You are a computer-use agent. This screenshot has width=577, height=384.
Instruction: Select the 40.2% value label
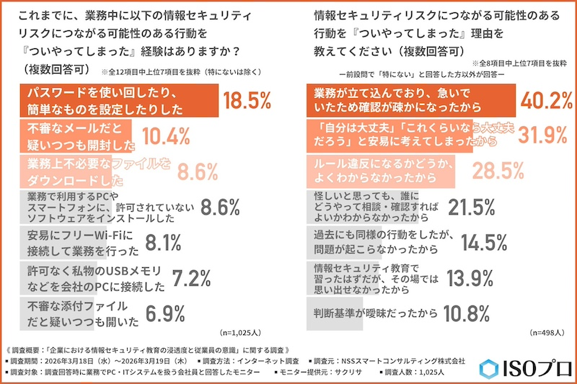coord(542,101)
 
